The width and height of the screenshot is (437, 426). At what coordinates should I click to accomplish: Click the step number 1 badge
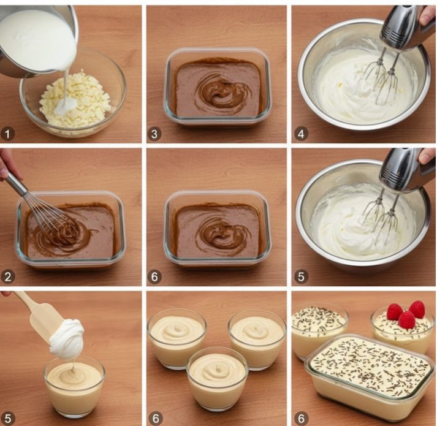[x=8, y=133]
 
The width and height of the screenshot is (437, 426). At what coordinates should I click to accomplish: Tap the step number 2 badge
[x=8, y=276]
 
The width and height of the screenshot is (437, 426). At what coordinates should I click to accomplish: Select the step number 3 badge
[x=154, y=133]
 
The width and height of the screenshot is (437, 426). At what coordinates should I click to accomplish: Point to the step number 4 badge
[x=300, y=133]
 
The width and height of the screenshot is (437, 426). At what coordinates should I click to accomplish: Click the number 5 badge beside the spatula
[x=8, y=419]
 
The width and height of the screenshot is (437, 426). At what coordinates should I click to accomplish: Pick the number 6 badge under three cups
[x=154, y=419]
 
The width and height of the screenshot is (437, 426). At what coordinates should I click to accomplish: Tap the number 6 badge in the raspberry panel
[x=300, y=419]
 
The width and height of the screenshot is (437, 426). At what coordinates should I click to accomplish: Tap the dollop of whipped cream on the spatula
[x=67, y=338]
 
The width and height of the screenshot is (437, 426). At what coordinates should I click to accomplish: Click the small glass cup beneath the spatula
[x=74, y=386]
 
